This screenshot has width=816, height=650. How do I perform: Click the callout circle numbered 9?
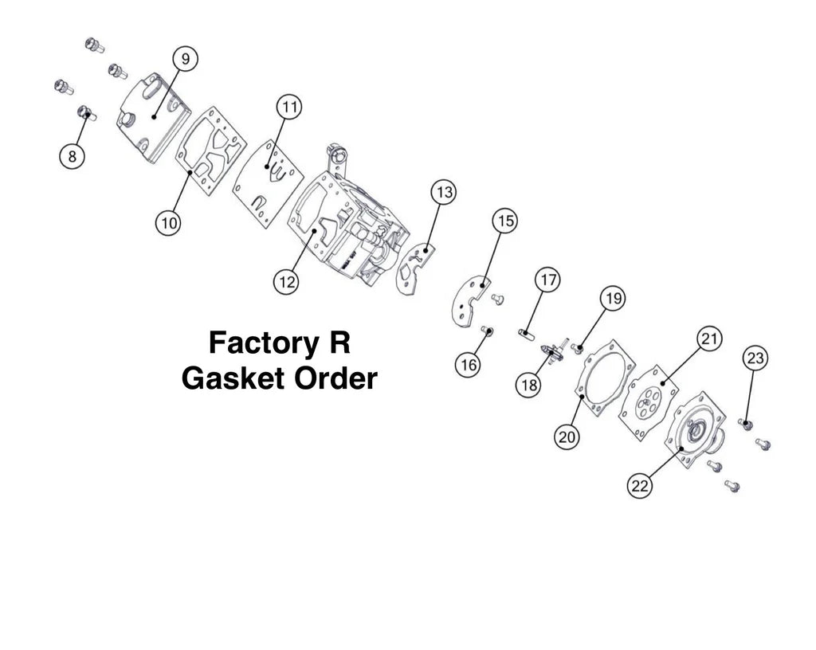pyautogui.click(x=186, y=60)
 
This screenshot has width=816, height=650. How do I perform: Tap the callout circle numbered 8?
pyautogui.click(x=73, y=156)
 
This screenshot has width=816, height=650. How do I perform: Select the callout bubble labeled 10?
pyautogui.click(x=168, y=223)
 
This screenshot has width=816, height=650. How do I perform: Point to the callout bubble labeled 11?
pyautogui.click(x=289, y=106)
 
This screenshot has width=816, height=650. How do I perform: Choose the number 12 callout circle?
pyautogui.click(x=286, y=281)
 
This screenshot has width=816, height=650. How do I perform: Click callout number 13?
pyautogui.click(x=444, y=192)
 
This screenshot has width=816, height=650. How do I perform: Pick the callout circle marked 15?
pyautogui.click(x=504, y=221)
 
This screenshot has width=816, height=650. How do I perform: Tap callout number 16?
pyautogui.click(x=469, y=364)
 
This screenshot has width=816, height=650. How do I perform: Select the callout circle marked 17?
pyautogui.click(x=547, y=280)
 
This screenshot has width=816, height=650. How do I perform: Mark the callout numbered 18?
pyautogui.click(x=528, y=385)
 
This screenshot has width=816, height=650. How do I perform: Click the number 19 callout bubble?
pyautogui.click(x=612, y=300)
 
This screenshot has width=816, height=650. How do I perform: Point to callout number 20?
pyautogui.click(x=567, y=436)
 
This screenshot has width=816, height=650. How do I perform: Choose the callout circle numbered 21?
pyautogui.click(x=709, y=339)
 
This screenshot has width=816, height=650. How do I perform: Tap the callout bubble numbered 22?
pyautogui.click(x=640, y=485)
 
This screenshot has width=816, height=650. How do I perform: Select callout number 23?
pyautogui.click(x=755, y=359)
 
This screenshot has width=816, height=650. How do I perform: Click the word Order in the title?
pyautogui.click(x=335, y=378)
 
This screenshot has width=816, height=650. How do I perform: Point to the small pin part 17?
pyautogui.click(x=525, y=332)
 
